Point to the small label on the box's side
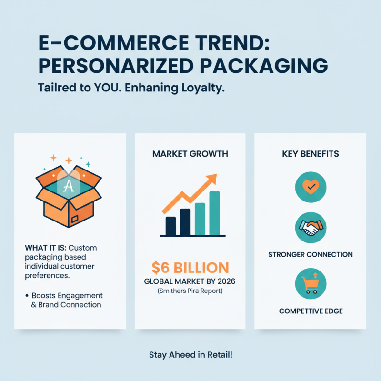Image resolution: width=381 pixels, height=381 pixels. pyautogui.click(x=75, y=220)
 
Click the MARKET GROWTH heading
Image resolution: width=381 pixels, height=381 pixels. pyautogui.click(x=190, y=154)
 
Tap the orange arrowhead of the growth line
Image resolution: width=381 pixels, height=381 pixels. pyautogui.click(x=211, y=180)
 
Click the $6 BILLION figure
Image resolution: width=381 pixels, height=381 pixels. pyautogui.click(x=190, y=267)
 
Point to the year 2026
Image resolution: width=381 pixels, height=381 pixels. pyautogui.click(x=225, y=281)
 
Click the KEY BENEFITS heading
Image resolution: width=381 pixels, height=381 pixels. pyautogui.click(x=310, y=154)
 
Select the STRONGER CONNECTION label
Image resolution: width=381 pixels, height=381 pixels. pyautogui.click(x=311, y=254)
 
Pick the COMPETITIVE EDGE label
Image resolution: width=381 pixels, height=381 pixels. pyautogui.click(x=311, y=311)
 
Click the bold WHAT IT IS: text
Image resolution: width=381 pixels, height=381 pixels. pyautogui.click(x=45, y=248)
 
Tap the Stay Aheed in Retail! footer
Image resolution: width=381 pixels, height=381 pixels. pyautogui.click(x=190, y=354)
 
